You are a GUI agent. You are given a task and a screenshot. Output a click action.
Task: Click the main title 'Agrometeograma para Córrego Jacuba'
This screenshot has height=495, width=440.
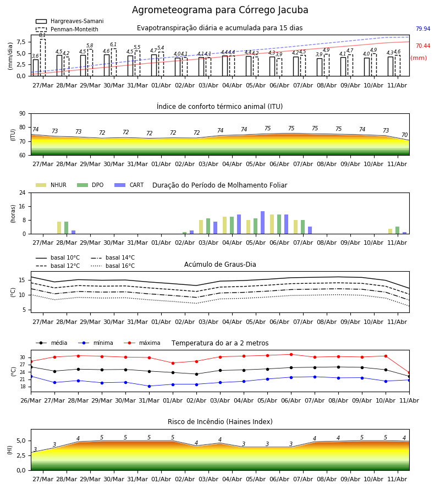220,10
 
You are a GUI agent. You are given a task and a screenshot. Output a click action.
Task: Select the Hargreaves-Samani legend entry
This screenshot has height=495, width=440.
69,21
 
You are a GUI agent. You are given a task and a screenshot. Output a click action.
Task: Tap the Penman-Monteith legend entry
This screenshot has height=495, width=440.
67,29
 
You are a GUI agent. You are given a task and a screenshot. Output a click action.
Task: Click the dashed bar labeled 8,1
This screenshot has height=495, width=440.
42,57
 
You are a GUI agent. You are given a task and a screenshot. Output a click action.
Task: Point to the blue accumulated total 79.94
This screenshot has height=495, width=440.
423,29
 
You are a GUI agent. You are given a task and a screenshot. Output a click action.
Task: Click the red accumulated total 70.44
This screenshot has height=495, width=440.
423,46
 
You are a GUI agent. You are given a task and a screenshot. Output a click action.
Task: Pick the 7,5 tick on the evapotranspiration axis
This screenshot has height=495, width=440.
21,42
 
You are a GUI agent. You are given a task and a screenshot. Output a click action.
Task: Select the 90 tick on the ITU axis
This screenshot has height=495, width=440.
23,114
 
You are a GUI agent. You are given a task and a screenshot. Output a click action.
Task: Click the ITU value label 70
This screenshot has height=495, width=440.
405,135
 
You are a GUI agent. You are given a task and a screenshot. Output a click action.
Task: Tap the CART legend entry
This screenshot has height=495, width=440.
129,185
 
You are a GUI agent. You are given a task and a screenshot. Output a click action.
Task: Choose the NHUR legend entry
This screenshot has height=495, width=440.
51,185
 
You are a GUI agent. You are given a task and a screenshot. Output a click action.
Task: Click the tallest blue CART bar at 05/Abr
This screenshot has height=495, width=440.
262,223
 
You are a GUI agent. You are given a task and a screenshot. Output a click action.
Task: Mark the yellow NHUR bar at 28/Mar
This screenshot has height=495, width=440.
59,228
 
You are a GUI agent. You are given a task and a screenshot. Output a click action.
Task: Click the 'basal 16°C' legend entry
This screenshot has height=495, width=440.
113,266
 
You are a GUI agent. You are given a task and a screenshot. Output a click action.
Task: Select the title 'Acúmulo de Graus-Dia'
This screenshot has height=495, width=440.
220,265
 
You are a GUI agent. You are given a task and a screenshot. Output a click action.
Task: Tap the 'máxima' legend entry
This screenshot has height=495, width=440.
142,343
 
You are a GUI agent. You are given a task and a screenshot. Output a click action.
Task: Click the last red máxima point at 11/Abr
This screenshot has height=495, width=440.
409,373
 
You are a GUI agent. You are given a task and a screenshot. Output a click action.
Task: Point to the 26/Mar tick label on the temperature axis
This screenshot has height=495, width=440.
31,400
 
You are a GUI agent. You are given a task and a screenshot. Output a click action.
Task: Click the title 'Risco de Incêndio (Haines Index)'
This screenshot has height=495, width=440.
220,422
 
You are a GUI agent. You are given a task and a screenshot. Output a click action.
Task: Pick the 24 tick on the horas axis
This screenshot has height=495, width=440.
23,193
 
